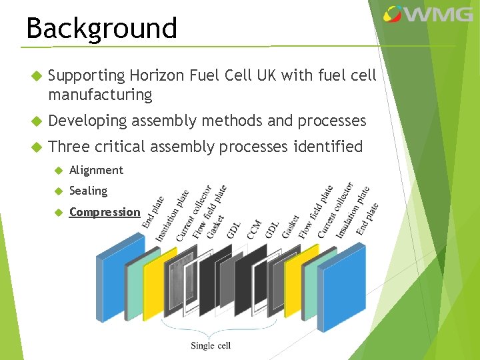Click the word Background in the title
[x=101, y=28]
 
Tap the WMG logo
[x=429, y=14]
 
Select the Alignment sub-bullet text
[x=96, y=170]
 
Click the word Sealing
[x=88, y=191]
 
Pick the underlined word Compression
[x=105, y=212]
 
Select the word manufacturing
[x=100, y=95]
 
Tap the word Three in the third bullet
[x=69, y=146]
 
